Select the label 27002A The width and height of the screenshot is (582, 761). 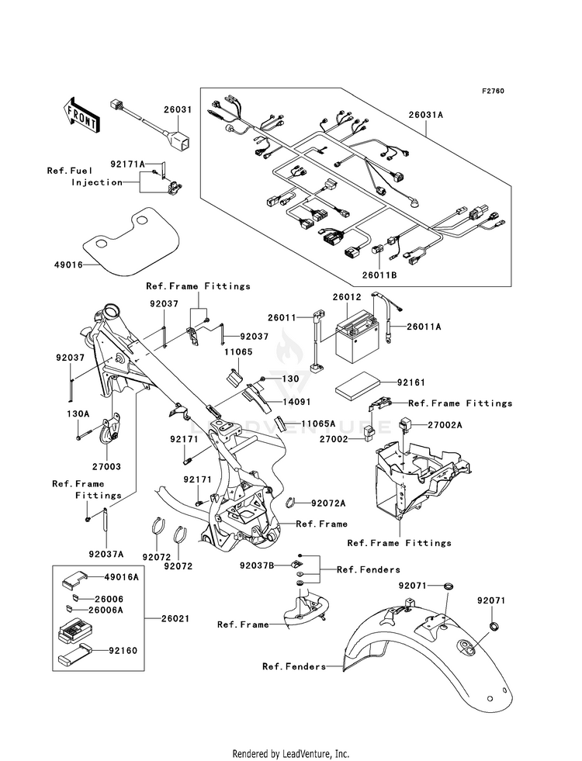pos(445,424)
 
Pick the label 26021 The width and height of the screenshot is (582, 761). pos(176,619)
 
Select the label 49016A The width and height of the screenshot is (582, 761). pos(123,578)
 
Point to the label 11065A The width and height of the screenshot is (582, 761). pos(318,424)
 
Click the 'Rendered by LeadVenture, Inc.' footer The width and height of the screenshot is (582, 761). pos(291,754)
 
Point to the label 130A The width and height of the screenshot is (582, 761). pos(78,414)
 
